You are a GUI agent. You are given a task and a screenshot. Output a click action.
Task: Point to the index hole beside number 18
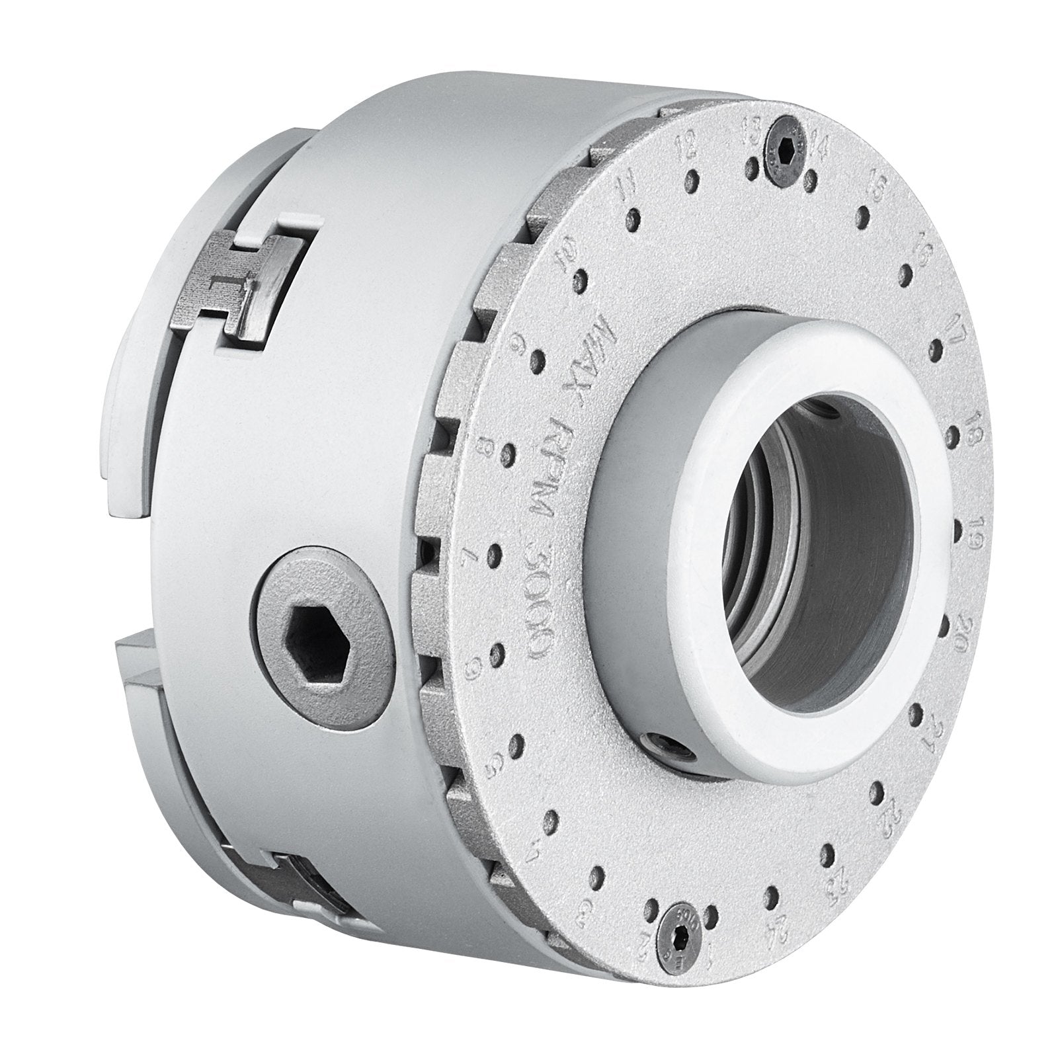point(954,436)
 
